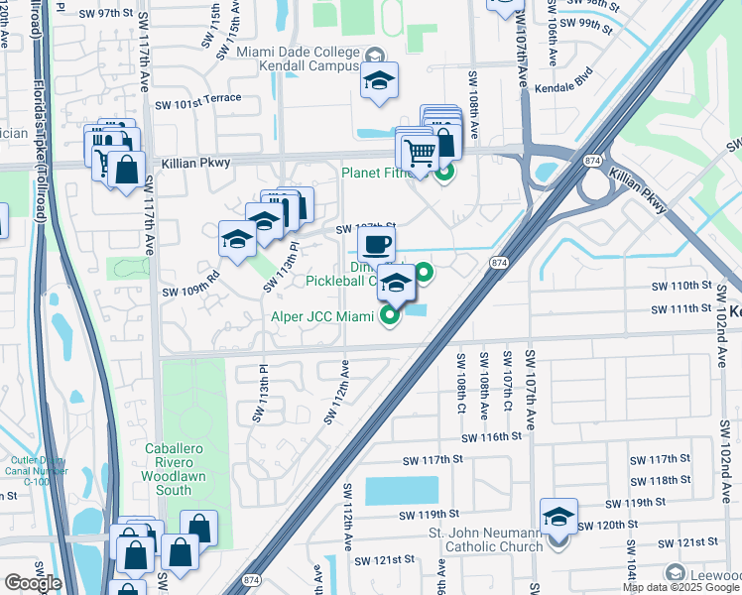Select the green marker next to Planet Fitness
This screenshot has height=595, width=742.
[444, 173]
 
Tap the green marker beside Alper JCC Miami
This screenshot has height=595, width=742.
[389, 316]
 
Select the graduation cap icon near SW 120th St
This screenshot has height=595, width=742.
[558, 517]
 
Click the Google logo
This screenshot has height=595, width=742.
[32, 583]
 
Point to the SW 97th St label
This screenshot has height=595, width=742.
[109, 13]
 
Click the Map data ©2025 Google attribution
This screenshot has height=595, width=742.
[680, 587]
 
